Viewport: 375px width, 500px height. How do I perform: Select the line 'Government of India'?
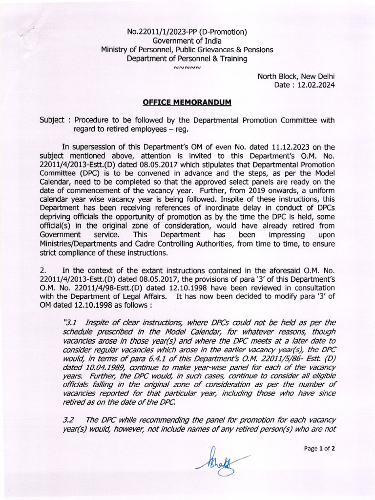coord(187,41)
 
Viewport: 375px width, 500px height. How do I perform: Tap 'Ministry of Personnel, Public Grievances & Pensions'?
coord(187,50)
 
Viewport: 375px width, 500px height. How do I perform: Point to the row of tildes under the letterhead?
coord(187,67)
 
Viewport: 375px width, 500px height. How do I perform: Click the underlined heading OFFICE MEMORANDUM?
coord(187,102)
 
